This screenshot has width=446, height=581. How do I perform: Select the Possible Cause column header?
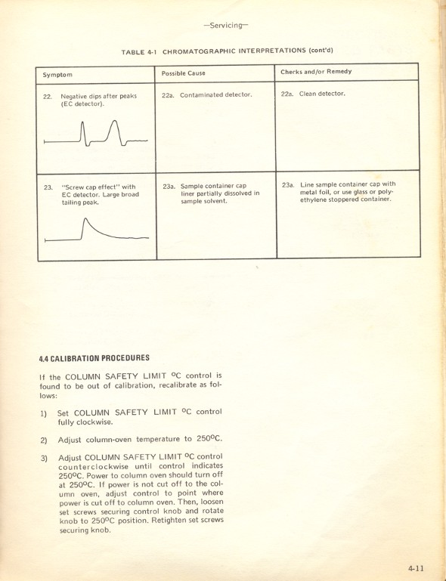coord(184,73)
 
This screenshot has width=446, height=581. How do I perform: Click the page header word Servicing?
coord(225,25)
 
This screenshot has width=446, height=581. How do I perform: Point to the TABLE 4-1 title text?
coord(228,51)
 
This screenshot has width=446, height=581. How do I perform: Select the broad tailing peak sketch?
coord(95,230)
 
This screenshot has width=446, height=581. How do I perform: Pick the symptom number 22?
coord(48,97)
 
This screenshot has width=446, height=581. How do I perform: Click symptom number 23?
coord(48,187)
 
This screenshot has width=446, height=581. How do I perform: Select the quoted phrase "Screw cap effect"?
coord(90,187)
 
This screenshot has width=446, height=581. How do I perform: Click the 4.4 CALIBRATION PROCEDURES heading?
coord(94,358)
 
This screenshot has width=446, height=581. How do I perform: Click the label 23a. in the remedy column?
coord(288,184)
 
